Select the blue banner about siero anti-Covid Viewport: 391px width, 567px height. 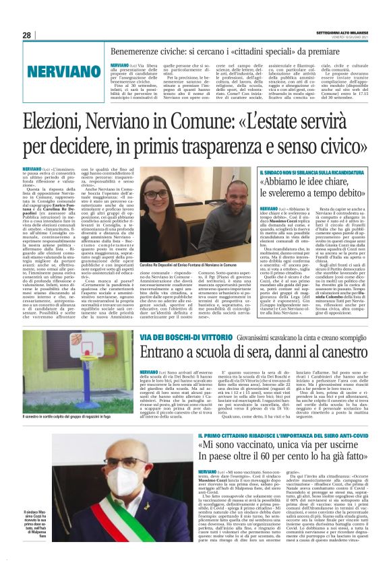(293, 436)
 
